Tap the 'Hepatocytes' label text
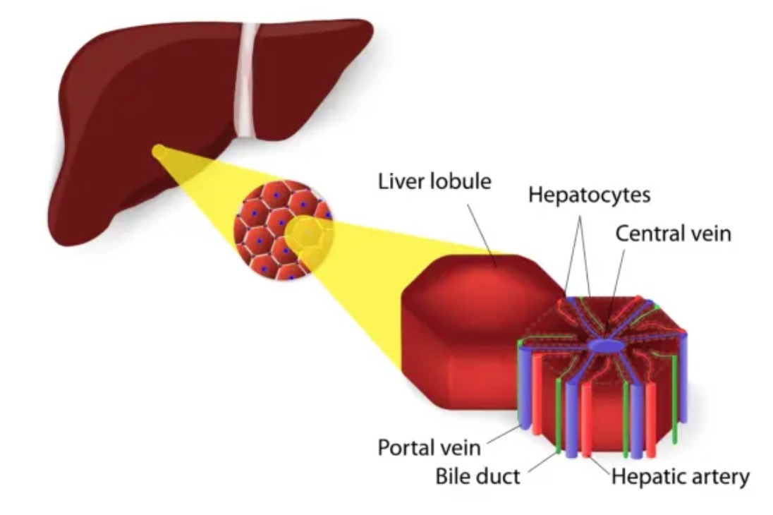[x=589, y=194]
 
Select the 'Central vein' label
[x=673, y=234]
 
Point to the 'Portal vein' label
[x=429, y=447]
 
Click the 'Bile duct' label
[x=478, y=476]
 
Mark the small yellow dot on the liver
[x=160, y=150]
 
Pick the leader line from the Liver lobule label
[x=483, y=229]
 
